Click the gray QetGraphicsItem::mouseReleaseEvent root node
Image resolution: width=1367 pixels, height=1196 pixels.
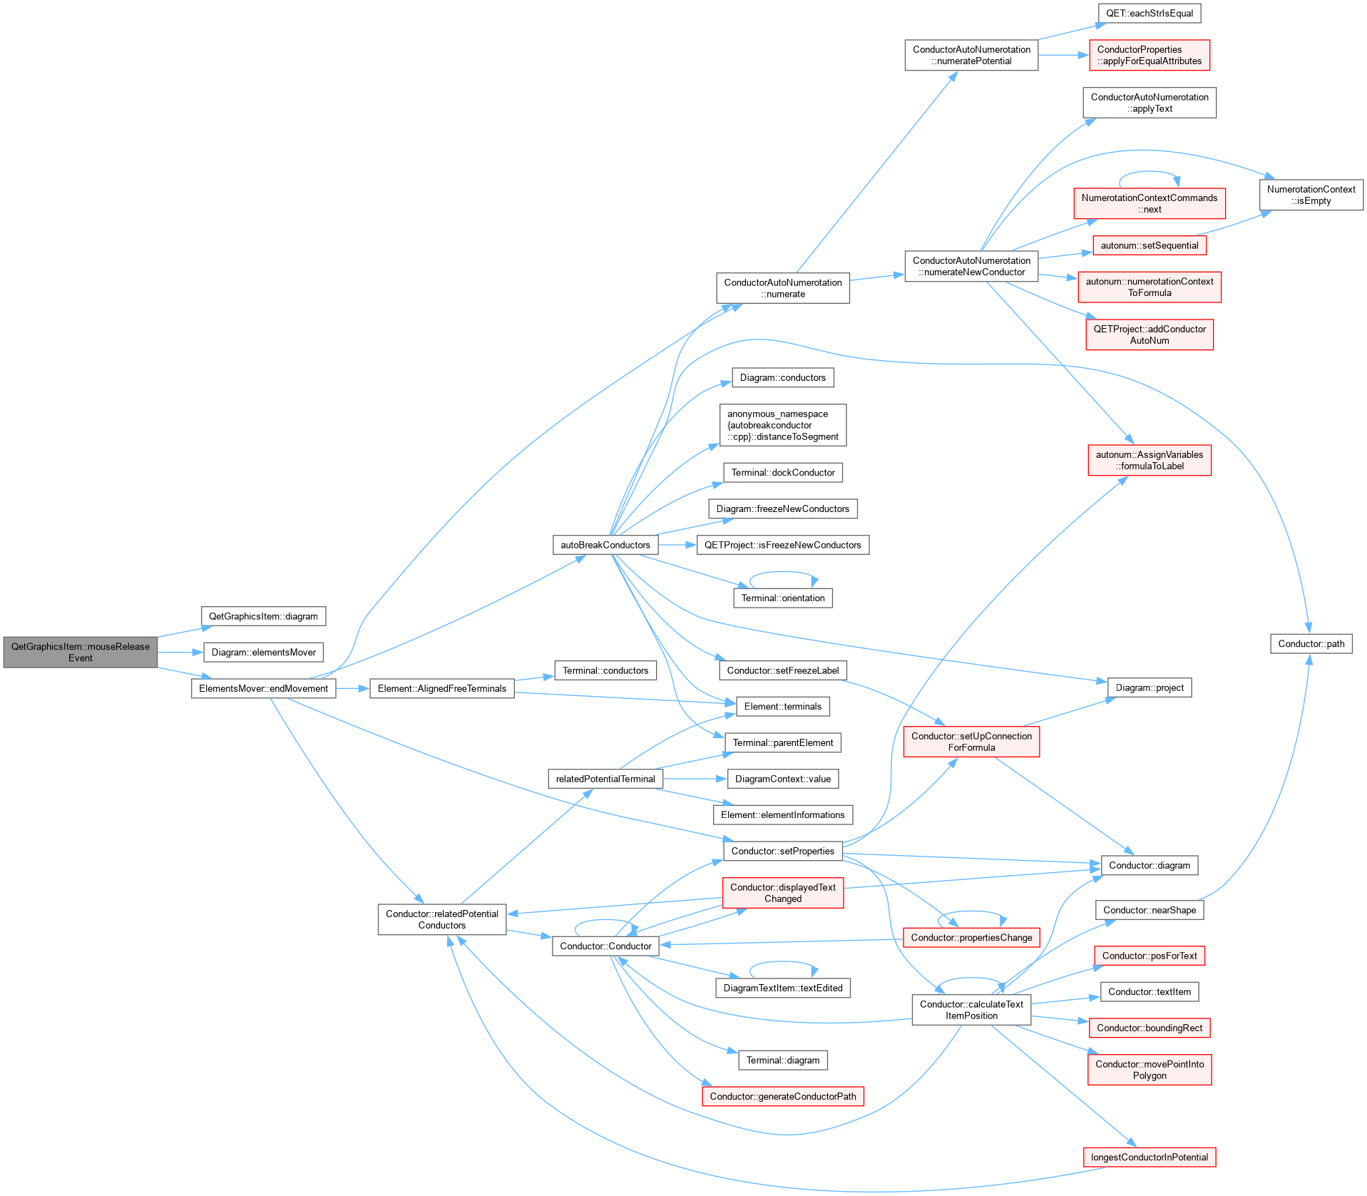(80, 652)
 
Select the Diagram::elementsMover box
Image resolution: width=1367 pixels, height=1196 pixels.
(263, 652)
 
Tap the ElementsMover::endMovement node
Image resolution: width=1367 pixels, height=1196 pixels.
(263, 688)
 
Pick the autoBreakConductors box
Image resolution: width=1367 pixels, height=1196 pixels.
(605, 545)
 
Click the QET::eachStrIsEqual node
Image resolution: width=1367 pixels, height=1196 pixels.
(1150, 14)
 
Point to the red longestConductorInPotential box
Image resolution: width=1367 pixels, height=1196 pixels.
(1150, 1157)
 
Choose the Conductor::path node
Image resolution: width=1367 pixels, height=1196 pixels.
(1311, 643)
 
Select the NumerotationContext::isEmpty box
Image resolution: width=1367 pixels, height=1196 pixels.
(1311, 195)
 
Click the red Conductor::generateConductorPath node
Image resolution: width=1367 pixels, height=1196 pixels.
(783, 1096)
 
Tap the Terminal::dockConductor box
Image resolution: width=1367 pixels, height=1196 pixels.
(783, 472)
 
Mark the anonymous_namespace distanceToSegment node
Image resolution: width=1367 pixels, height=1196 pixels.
(783, 425)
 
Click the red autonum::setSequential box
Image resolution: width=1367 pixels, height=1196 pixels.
(1150, 245)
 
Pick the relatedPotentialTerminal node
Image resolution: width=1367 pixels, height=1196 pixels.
(605, 779)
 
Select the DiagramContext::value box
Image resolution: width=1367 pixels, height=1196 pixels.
(783, 779)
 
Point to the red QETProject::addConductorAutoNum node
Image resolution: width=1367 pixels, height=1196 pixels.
(1150, 334)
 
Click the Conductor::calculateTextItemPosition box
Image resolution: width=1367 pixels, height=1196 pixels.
(971, 1010)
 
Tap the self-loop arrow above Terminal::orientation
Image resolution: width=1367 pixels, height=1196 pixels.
(783, 573)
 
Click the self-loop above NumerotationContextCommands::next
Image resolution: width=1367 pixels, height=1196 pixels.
(1150, 173)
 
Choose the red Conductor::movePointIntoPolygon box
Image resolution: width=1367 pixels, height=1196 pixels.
(1150, 1070)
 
